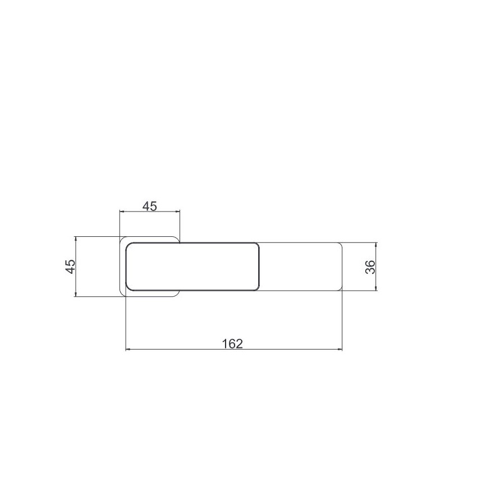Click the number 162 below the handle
(x=232, y=343)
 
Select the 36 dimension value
(x=370, y=267)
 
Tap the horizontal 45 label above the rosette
(x=150, y=207)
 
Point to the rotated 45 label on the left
(x=70, y=267)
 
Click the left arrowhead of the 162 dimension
(x=128, y=350)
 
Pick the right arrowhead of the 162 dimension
(x=340, y=350)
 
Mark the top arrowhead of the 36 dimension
(x=377, y=245)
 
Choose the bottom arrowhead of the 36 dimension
(x=377, y=288)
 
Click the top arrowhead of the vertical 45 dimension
(x=76, y=239)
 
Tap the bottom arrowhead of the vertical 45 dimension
(x=76, y=293)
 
